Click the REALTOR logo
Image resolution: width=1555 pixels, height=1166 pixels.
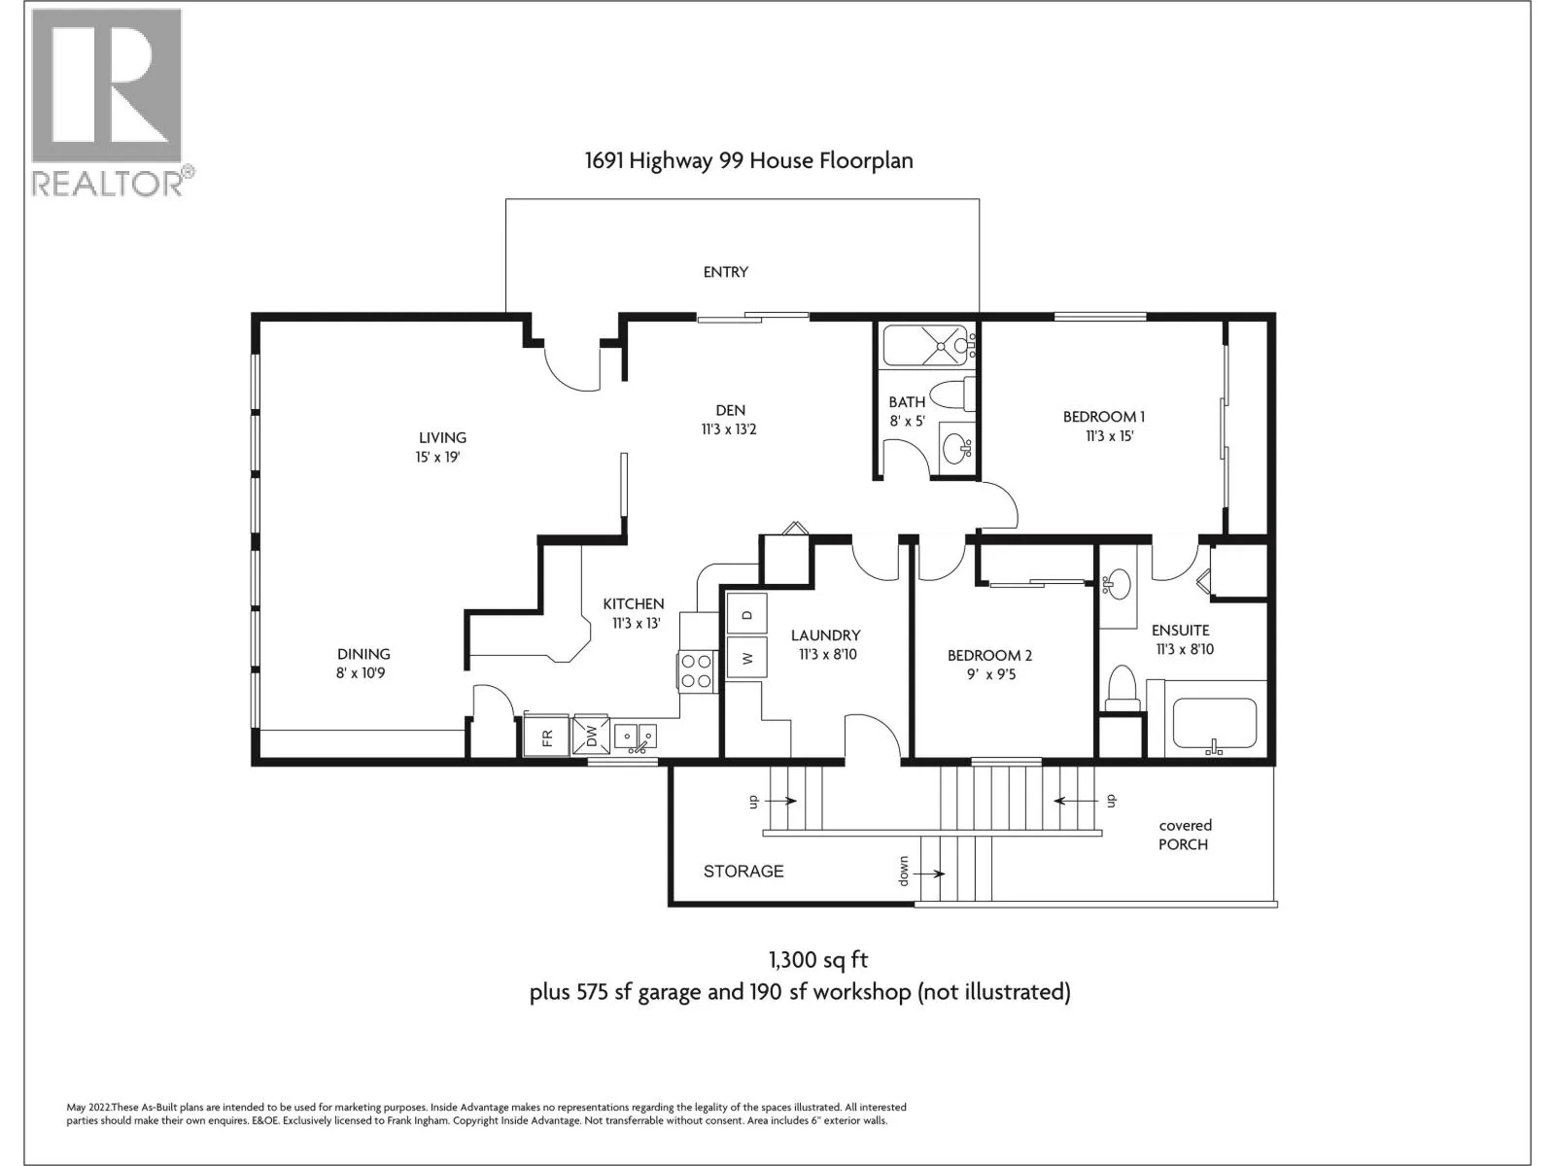tap(112, 103)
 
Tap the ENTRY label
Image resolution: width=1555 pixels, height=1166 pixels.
tap(725, 272)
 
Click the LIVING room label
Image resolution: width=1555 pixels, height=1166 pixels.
tap(442, 437)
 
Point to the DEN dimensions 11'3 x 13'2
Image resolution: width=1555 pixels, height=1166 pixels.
tap(729, 429)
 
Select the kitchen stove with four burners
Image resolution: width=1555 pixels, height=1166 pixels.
tap(696, 671)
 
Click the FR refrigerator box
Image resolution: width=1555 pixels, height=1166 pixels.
tap(546, 737)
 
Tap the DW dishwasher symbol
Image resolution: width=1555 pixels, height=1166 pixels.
tap(590, 737)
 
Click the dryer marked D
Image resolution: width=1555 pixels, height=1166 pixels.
tap(746, 613)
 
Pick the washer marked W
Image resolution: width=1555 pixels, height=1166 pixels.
tap(746, 658)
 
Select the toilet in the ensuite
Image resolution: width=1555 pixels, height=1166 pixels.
tap(1122, 687)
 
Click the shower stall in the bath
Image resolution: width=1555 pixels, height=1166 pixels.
tap(925, 346)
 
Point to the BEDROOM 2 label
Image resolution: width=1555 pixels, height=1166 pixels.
tap(989, 656)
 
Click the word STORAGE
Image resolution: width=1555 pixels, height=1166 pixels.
tap(743, 871)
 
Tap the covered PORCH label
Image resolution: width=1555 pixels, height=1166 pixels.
tap(1185, 835)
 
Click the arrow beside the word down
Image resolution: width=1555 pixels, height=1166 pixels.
tap(932, 874)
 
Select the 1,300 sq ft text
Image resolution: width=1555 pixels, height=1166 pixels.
tap(818, 960)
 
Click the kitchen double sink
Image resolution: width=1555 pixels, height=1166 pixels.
tap(635, 737)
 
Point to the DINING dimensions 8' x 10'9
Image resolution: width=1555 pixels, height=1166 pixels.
tap(361, 672)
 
